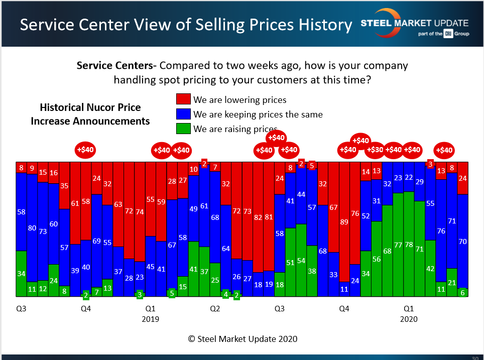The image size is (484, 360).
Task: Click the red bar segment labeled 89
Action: click(344, 222)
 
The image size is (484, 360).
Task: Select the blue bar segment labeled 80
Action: click(32, 228)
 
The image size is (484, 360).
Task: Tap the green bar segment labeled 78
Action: click(409, 244)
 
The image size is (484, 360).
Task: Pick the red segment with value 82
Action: click(258, 217)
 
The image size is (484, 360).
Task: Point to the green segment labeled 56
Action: click(377, 259)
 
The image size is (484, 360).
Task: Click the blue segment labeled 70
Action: click(462, 241)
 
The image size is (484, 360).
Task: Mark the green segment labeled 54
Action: click(301, 260)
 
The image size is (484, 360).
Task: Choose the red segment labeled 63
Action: click(118, 204)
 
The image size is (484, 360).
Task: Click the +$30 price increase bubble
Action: click(376, 150)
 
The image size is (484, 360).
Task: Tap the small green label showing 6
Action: click(462, 292)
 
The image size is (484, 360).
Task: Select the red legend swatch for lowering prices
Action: click(183, 99)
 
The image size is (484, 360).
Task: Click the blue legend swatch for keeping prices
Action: click(183, 114)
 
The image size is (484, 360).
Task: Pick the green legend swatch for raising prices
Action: click(183, 129)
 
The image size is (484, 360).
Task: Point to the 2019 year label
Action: click(150, 319)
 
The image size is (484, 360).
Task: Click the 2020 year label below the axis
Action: click(409, 319)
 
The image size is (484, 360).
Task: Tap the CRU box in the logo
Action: click(448, 34)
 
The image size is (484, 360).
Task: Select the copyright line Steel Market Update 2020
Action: click(243, 339)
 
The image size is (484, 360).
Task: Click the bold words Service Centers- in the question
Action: click(116, 66)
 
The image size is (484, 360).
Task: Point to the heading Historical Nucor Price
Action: click(90, 107)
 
